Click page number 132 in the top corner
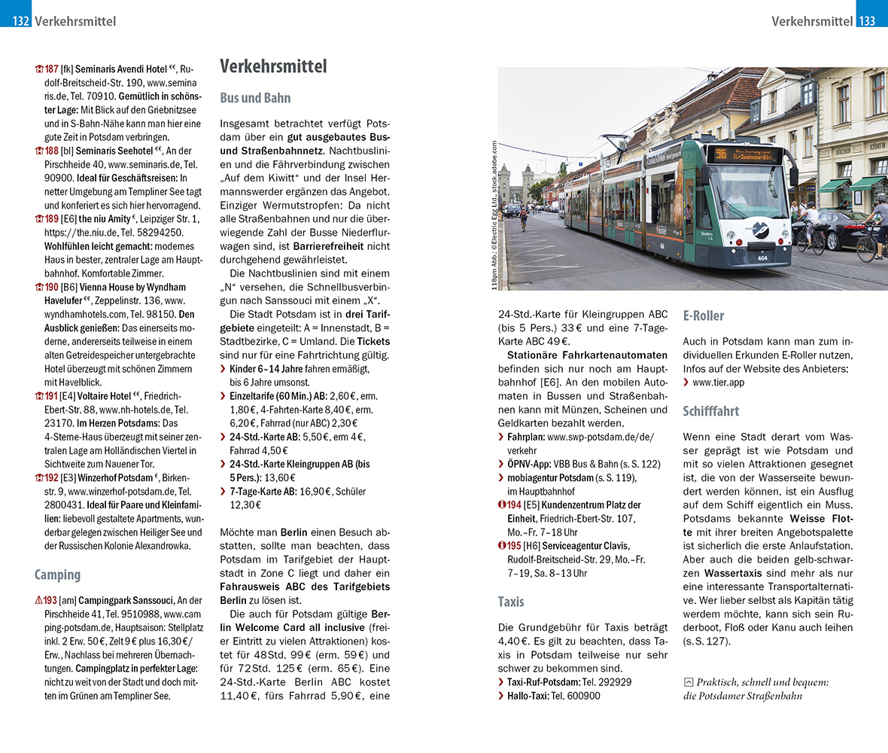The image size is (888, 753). click(20, 21)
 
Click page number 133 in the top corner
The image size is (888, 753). click(867, 21)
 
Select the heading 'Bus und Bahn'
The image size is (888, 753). click(255, 98)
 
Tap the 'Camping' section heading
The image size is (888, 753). click(57, 575)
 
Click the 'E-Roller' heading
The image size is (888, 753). click(704, 316)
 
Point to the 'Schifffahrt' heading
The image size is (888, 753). click(711, 411)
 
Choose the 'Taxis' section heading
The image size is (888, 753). click(511, 602)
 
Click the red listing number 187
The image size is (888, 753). click(51, 69)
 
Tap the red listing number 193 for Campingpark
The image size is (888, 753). click(50, 600)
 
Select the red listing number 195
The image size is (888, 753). click(513, 545)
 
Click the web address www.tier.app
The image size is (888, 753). click(718, 383)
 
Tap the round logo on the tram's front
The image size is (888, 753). click(760, 229)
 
